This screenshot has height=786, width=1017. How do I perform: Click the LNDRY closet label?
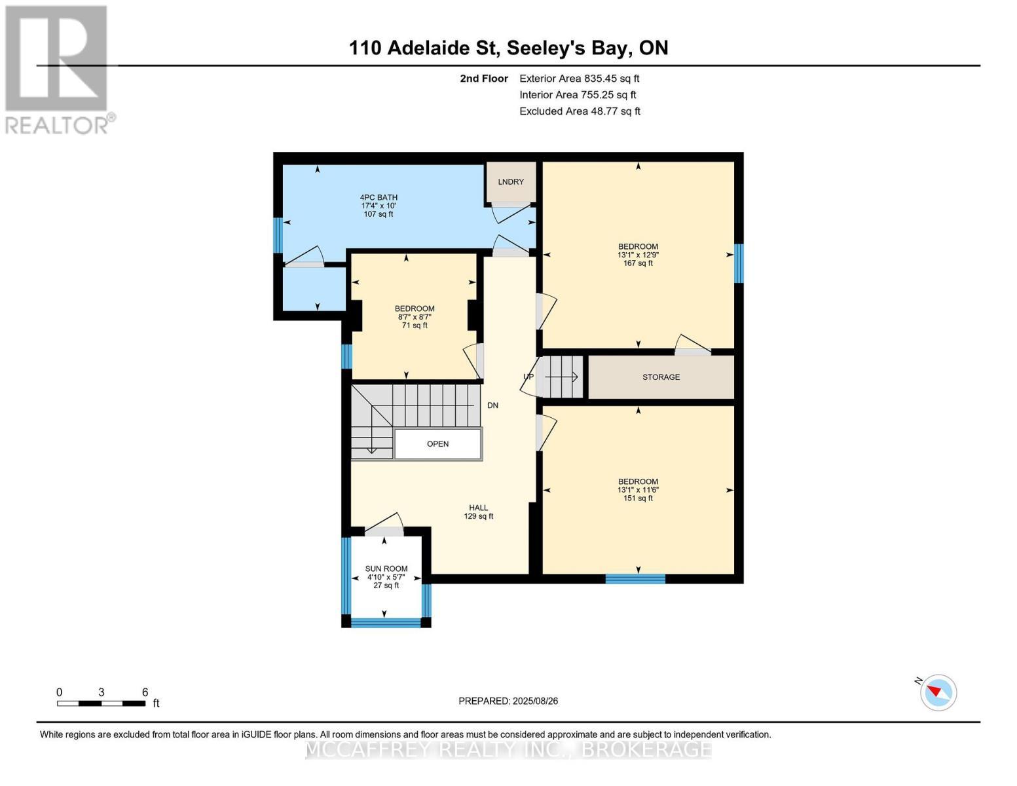(x=511, y=181)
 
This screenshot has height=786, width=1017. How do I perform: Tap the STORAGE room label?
(x=661, y=377)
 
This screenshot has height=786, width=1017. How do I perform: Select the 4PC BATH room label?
(x=379, y=206)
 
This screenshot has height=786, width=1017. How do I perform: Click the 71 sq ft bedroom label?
(x=415, y=317)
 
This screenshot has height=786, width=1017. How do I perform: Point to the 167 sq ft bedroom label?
(x=638, y=255)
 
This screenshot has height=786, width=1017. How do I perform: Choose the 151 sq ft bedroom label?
(x=638, y=490)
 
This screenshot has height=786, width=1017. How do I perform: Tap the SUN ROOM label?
(x=386, y=577)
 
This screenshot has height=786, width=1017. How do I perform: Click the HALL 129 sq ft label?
(x=479, y=512)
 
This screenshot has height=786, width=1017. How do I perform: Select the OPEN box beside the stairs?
(x=438, y=444)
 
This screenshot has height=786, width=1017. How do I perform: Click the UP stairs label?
(x=528, y=377)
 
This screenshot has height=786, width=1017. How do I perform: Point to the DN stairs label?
(x=492, y=405)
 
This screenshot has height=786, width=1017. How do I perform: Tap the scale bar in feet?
(x=102, y=703)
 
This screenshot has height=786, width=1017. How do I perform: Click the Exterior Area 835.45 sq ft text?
(x=579, y=79)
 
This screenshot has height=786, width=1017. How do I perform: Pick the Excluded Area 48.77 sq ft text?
(x=580, y=111)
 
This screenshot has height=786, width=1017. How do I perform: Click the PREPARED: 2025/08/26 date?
(x=508, y=701)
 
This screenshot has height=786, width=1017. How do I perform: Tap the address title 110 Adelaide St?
(x=508, y=48)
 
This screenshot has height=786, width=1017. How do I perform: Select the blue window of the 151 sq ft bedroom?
(x=635, y=578)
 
